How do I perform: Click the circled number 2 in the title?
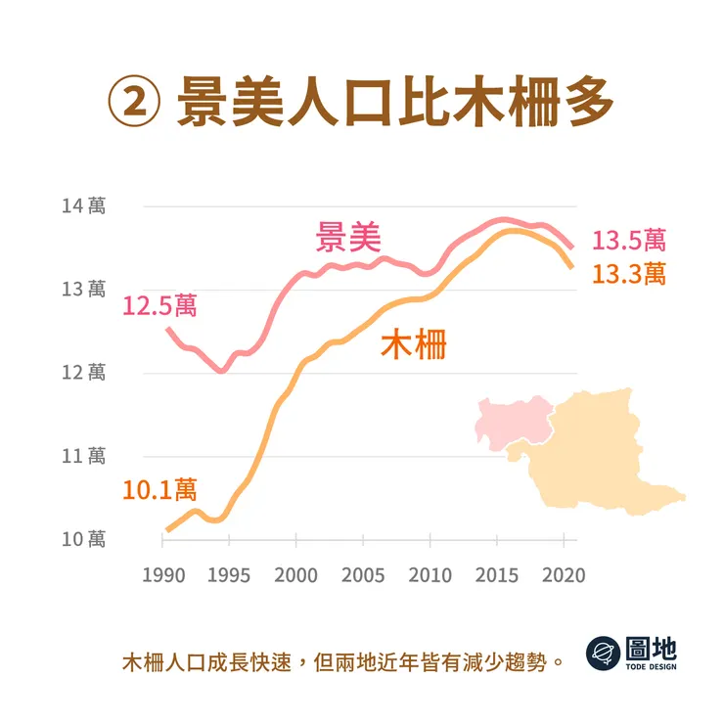[x=132, y=103]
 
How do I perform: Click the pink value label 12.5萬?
[x=159, y=305]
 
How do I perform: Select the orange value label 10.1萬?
[x=159, y=488]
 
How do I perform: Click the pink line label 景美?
[x=347, y=237]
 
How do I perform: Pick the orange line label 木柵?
[x=412, y=344]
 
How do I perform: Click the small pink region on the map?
[x=508, y=420]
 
